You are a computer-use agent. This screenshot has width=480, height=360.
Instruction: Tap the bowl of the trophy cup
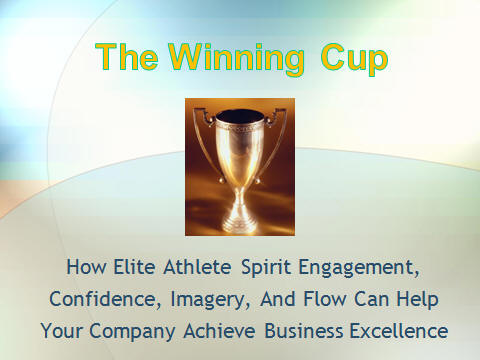(240, 140)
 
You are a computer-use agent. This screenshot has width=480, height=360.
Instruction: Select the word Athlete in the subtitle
(190, 268)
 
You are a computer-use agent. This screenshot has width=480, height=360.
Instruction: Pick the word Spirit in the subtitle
(258, 268)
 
